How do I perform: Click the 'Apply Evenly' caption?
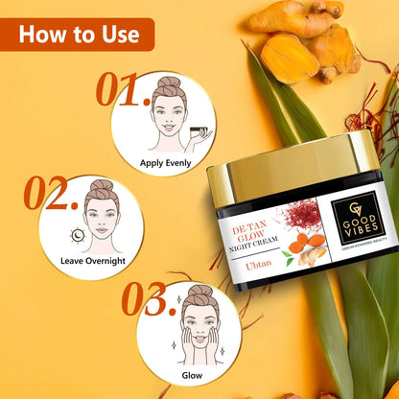click(164, 162)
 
